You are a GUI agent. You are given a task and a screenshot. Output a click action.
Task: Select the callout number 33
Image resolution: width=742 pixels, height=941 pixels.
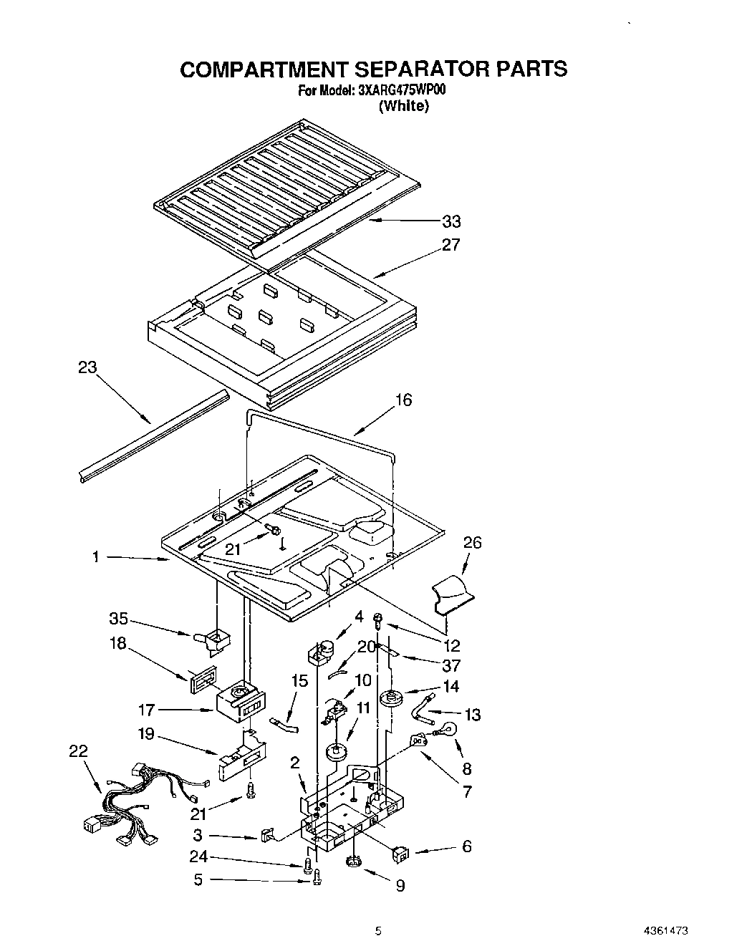pyautogui.click(x=451, y=221)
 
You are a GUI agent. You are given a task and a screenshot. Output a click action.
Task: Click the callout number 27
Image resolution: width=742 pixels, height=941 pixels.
pyautogui.click(x=450, y=245)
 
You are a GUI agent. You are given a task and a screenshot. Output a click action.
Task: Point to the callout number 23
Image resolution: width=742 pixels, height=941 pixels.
pyautogui.click(x=87, y=368)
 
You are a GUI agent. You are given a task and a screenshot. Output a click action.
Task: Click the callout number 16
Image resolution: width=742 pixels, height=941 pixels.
pyautogui.click(x=404, y=400)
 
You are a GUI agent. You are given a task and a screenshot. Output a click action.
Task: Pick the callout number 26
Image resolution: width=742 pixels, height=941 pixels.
pyautogui.click(x=472, y=543)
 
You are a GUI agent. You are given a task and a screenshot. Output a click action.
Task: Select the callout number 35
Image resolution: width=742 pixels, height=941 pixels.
pyautogui.click(x=118, y=618)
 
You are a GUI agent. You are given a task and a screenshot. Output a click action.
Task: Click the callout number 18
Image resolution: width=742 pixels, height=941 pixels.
pyautogui.click(x=117, y=643)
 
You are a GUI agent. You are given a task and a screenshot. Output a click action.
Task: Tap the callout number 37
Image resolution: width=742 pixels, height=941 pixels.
pyautogui.click(x=452, y=665)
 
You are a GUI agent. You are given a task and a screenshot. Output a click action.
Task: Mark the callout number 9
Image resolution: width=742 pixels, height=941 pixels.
pyautogui.click(x=400, y=886)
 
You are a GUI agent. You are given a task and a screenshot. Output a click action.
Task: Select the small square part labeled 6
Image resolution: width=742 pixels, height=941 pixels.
pyautogui.click(x=401, y=853)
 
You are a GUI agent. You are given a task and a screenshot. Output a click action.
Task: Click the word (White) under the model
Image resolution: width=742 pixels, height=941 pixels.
pyautogui.click(x=403, y=106)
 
